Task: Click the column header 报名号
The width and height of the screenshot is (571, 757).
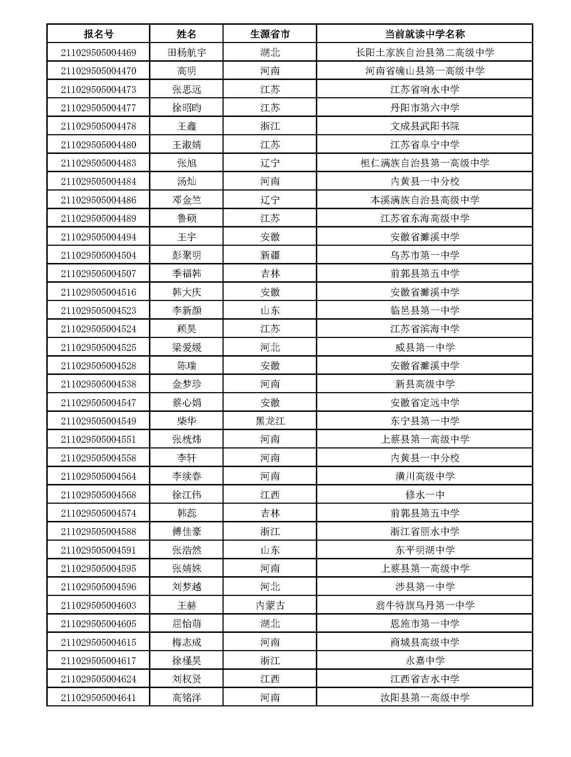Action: [x=98, y=34]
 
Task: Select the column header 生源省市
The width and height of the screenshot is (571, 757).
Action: [x=270, y=34]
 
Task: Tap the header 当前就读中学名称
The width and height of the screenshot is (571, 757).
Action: [x=425, y=34]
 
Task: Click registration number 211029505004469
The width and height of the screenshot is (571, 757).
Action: [x=98, y=53]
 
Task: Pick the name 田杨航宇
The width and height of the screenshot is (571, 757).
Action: [x=187, y=53]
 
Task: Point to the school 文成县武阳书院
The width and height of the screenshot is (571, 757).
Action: [x=425, y=126]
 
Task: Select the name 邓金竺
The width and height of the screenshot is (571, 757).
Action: [x=187, y=200]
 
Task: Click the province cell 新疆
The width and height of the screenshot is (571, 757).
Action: [x=270, y=255]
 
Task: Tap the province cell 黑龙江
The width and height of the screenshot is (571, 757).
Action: [x=270, y=421]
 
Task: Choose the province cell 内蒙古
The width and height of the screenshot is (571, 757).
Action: [x=270, y=605]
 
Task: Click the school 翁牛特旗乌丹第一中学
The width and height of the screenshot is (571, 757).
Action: [x=425, y=605]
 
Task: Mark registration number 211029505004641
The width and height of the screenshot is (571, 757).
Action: [x=98, y=697]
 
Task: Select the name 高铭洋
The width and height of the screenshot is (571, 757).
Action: [x=187, y=697]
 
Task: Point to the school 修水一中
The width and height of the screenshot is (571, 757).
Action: [x=425, y=495]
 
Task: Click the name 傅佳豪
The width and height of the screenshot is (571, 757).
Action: [x=187, y=531]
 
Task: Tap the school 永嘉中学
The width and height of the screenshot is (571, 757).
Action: [x=425, y=660]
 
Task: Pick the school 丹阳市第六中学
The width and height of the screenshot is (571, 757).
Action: [x=425, y=108]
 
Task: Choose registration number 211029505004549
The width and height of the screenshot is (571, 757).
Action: [x=98, y=421]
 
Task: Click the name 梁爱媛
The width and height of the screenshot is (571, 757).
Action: [x=187, y=347]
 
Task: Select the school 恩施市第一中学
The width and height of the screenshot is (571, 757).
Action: [x=425, y=624]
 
